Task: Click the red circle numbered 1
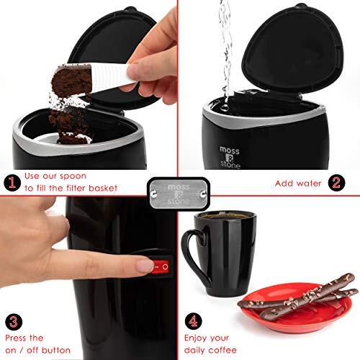pyautogui.click(x=12, y=182)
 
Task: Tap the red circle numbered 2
pyautogui.click(x=335, y=183)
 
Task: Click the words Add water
pyautogui.click(x=299, y=183)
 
